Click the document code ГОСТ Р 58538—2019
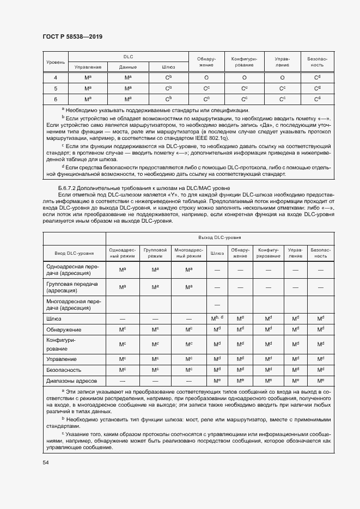click(72, 36)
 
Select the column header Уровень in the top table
click(55, 62)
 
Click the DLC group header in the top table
click(128, 57)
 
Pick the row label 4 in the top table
click(56, 77)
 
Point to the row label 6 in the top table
click(56, 99)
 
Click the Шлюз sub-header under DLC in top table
click(168, 67)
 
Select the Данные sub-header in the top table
click(128, 67)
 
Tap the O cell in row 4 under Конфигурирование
click(244, 77)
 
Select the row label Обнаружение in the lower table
click(64, 329)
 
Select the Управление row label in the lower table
click(62, 359)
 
